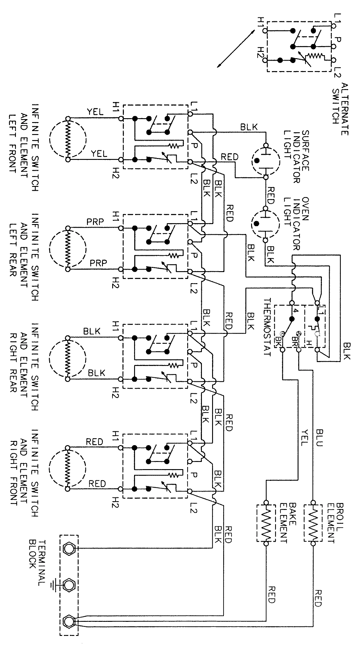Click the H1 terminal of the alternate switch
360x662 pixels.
click(x=264, y=30)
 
